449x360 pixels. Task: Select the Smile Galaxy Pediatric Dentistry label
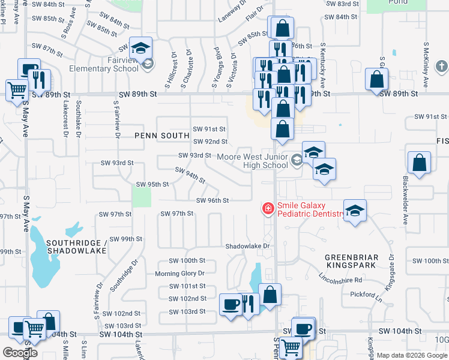(x=310, y=209)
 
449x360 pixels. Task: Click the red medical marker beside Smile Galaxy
(x=268, y=209)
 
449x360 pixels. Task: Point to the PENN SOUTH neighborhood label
(x=162, y=136)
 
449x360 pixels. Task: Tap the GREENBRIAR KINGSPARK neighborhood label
(x=352, y=262)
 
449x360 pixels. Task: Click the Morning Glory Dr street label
(x=180, y=274)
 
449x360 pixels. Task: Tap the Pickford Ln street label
(x=366, y=295)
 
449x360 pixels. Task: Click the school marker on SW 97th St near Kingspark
(x=355, y=211)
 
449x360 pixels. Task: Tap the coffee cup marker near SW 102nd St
(x=231, y=304)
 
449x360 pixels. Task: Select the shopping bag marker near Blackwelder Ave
(x=419, y=163)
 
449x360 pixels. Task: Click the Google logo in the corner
(x=20, y=353)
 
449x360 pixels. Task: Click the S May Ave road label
(x=26, y=213)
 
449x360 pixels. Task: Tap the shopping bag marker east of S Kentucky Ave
(x=376, y=80)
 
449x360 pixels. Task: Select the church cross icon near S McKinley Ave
(x=441, y=66)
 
